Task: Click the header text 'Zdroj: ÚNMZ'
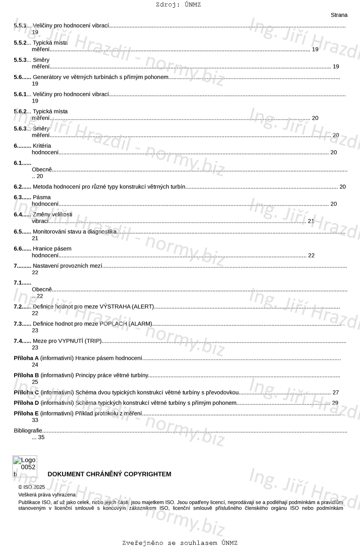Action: pos(178,5)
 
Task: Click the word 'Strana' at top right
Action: pos(339,15)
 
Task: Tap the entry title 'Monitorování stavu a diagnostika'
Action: pos(75,232)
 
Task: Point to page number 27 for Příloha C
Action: pos(335,393)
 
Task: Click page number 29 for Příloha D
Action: pos(335,403)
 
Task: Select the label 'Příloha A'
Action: pos(26,358)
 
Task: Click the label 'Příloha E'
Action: pos(26,413)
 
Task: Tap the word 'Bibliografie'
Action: pos(28,431)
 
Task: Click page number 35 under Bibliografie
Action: pos(41,437)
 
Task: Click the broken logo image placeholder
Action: pos(25,466)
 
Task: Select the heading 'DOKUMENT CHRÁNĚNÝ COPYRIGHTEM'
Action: pos(109,474)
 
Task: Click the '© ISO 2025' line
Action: pos(31,487)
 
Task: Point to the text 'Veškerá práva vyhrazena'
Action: pos(47,495)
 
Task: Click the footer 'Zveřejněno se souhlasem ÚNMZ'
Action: pos(180,543)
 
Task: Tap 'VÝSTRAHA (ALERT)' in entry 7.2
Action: pos(127,306)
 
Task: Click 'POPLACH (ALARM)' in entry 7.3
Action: pos(126,324)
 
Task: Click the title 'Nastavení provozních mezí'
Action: pos(68,266)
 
